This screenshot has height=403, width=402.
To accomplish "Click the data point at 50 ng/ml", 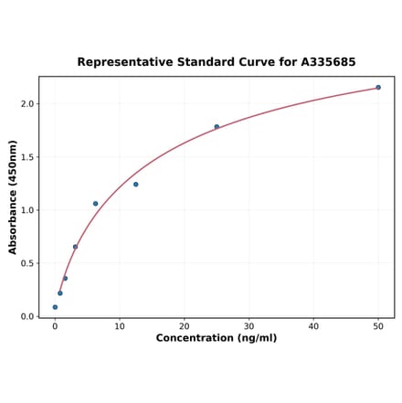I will pyautogui.click(x=378, y=88).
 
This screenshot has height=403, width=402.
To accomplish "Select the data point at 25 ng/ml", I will pyautogui.click(x=217, y=127).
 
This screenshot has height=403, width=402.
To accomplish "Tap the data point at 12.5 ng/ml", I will pyautogui.click(x=136, y=185).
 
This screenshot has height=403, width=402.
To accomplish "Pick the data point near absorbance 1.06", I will pyautogui.click(x=95, y=204).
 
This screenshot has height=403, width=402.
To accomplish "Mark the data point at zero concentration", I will pyautogui.click(x=55, y=307).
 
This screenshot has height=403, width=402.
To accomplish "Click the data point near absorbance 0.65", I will pyautogui.click(x=75, y=247).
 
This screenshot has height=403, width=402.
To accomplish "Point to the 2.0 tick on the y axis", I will pyautogui.click(x=26, y=104).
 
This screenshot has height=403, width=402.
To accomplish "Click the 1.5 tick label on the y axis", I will pyautogui.click(x=26, y=157).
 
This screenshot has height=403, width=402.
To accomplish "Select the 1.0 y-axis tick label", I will pyautogui.click(x=26, y=210).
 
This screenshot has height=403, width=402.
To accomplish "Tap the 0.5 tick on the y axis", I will pyautogui.click(x=26, y=263).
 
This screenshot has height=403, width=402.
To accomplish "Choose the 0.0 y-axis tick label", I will pyautogui.click(x=26, y=316).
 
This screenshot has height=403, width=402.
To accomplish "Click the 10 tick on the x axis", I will pyautogui.click(x=120, y=326).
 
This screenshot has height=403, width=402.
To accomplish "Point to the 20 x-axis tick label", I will pyautogui.click(x=185, y=326).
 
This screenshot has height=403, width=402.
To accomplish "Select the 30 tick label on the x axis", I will pyautogui.click(x=249, y=326).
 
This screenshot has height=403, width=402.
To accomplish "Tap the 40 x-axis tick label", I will pyautogui.click(x=313, y=326).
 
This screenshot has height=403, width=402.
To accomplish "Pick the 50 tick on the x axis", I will pyautogui.click(x=378, y=326).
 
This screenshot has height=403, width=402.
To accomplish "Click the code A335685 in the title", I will pyautogui.click(x=324, y=62).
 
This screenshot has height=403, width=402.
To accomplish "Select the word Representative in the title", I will pyautogui.click(x=123, y=62).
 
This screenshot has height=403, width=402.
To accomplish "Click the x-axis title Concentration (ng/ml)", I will pyautogui.click(x=217, y=338).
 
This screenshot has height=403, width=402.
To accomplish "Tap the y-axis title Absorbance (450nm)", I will pyautogui.click(x=13, y=197).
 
